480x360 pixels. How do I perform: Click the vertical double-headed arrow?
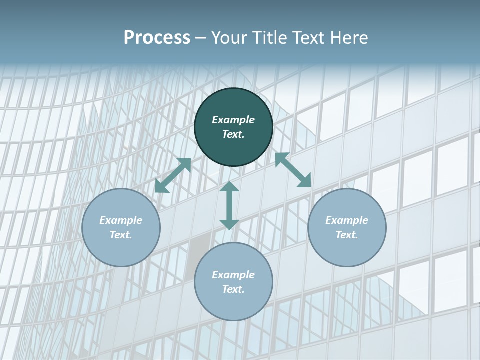[229, 205]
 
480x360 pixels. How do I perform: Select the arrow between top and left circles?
[173, 175]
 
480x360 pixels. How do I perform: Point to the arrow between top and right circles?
[293, 170]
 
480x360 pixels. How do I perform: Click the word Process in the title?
[157, 38]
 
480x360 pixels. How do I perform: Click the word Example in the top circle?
[233, 120]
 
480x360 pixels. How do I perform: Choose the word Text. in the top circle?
[233, 134]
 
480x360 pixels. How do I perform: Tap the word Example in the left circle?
[121, 220]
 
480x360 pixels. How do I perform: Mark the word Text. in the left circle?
[121, 235]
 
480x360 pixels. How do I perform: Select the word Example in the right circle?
[347, 220]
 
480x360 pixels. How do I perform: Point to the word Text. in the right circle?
[347, 235]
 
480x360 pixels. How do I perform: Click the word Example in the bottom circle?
[233, 275]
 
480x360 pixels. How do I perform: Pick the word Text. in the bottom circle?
[233, 289]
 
